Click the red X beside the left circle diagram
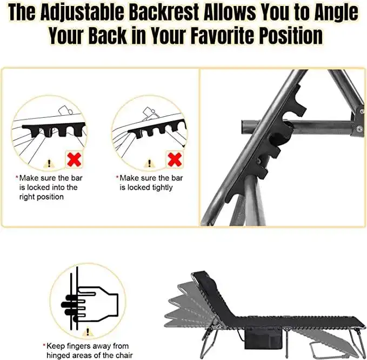pos(74,159)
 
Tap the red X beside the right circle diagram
pos(175,159)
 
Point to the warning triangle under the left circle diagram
pos(49,163)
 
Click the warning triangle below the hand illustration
pos(88,332)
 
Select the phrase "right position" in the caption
pos(42,197)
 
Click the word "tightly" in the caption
pos(161,187)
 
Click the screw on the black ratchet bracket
pos(259,161)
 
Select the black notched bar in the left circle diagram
pos(54,129)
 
